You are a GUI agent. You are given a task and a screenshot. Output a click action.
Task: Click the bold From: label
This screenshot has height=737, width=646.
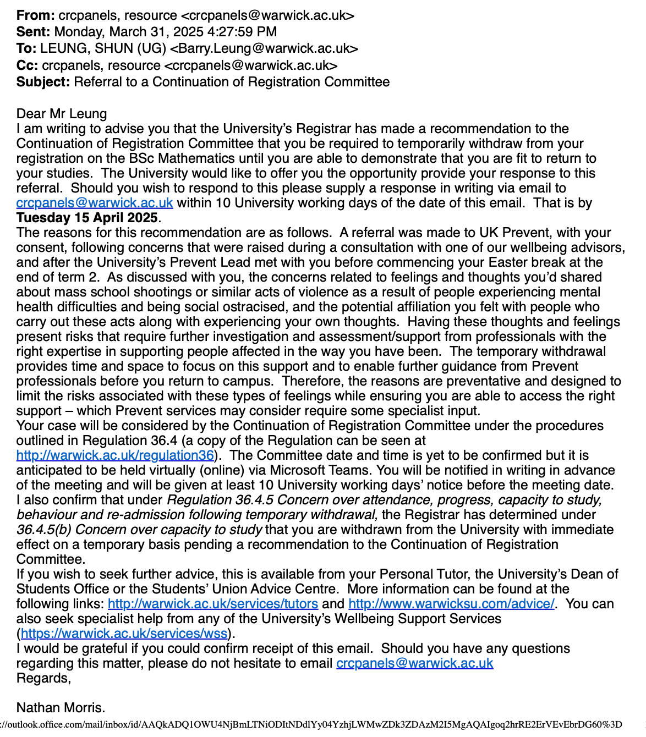pyautogui.click(x=35, y=15)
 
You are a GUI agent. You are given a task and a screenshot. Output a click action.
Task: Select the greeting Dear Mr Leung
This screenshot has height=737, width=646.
pyautogui.click(x=62, y=114)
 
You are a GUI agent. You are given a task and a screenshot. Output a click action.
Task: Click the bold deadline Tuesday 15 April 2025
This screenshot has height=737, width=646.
pyautogui.click(x=87, y=218)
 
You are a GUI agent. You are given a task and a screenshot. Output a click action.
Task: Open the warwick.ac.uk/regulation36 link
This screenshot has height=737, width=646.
pyautogui.click(x=115, y=455)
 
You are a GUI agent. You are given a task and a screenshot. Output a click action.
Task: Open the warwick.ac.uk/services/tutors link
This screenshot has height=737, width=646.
pyautogui.click(x=213, y=604)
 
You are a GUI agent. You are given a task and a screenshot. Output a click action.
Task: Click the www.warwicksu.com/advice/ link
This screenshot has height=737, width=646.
pyautogui.click(x=451, y=604)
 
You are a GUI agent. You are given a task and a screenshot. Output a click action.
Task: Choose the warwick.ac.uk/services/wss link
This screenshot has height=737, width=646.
pyautogui.click(x=124, y=634)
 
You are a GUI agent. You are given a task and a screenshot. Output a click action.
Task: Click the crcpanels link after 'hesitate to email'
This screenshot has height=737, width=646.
pyautogui.click(x=414, y=663)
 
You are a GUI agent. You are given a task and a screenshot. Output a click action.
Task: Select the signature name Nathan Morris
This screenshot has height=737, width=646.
pyautogui.click(x=61, y=708)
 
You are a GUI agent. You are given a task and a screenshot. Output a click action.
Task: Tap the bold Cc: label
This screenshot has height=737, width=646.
pyautogui.click(x=27, y=65)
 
